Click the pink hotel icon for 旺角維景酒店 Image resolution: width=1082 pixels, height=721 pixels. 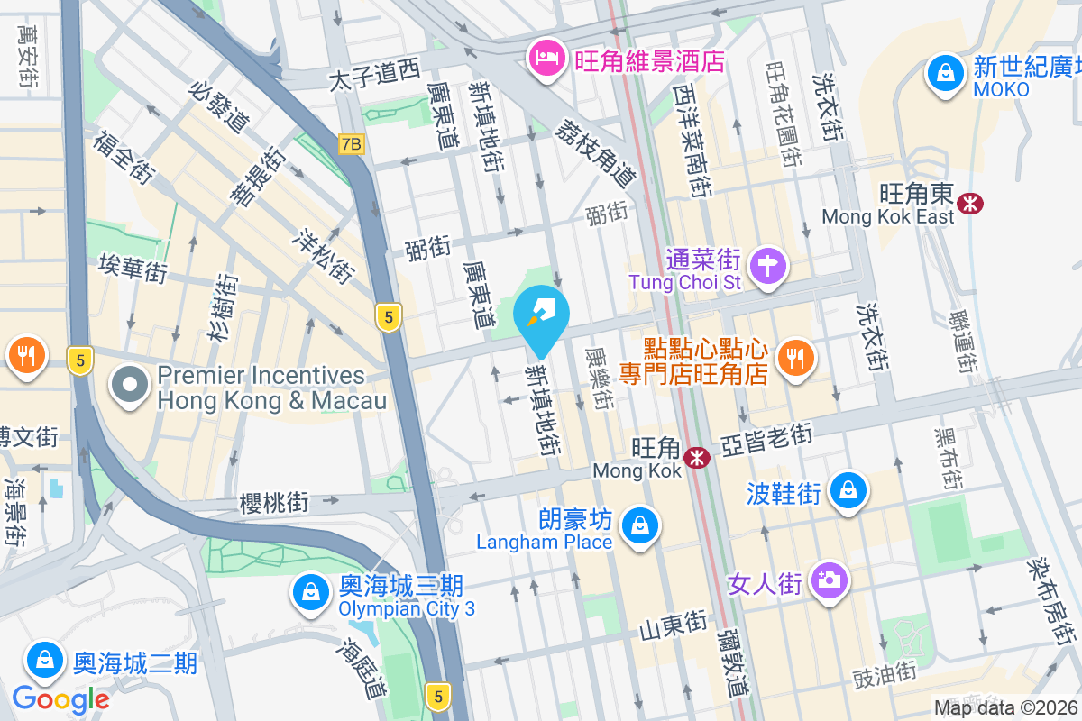545,61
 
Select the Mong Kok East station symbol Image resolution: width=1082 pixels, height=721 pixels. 971,204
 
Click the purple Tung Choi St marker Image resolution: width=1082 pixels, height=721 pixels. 767,266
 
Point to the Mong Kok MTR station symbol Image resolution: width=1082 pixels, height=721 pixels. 696,458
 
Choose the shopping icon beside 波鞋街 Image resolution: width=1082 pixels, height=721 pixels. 848,491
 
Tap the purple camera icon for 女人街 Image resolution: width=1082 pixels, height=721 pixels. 828,580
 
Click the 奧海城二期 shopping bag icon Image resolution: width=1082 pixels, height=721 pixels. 44,661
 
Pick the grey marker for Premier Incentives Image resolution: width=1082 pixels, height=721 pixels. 130,386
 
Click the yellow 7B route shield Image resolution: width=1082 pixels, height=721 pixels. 352,143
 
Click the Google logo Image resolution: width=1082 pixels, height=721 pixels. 60,698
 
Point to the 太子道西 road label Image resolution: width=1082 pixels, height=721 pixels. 374,75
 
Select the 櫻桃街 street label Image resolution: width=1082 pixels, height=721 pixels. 274,502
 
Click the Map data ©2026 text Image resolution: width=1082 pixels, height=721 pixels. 1005,708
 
